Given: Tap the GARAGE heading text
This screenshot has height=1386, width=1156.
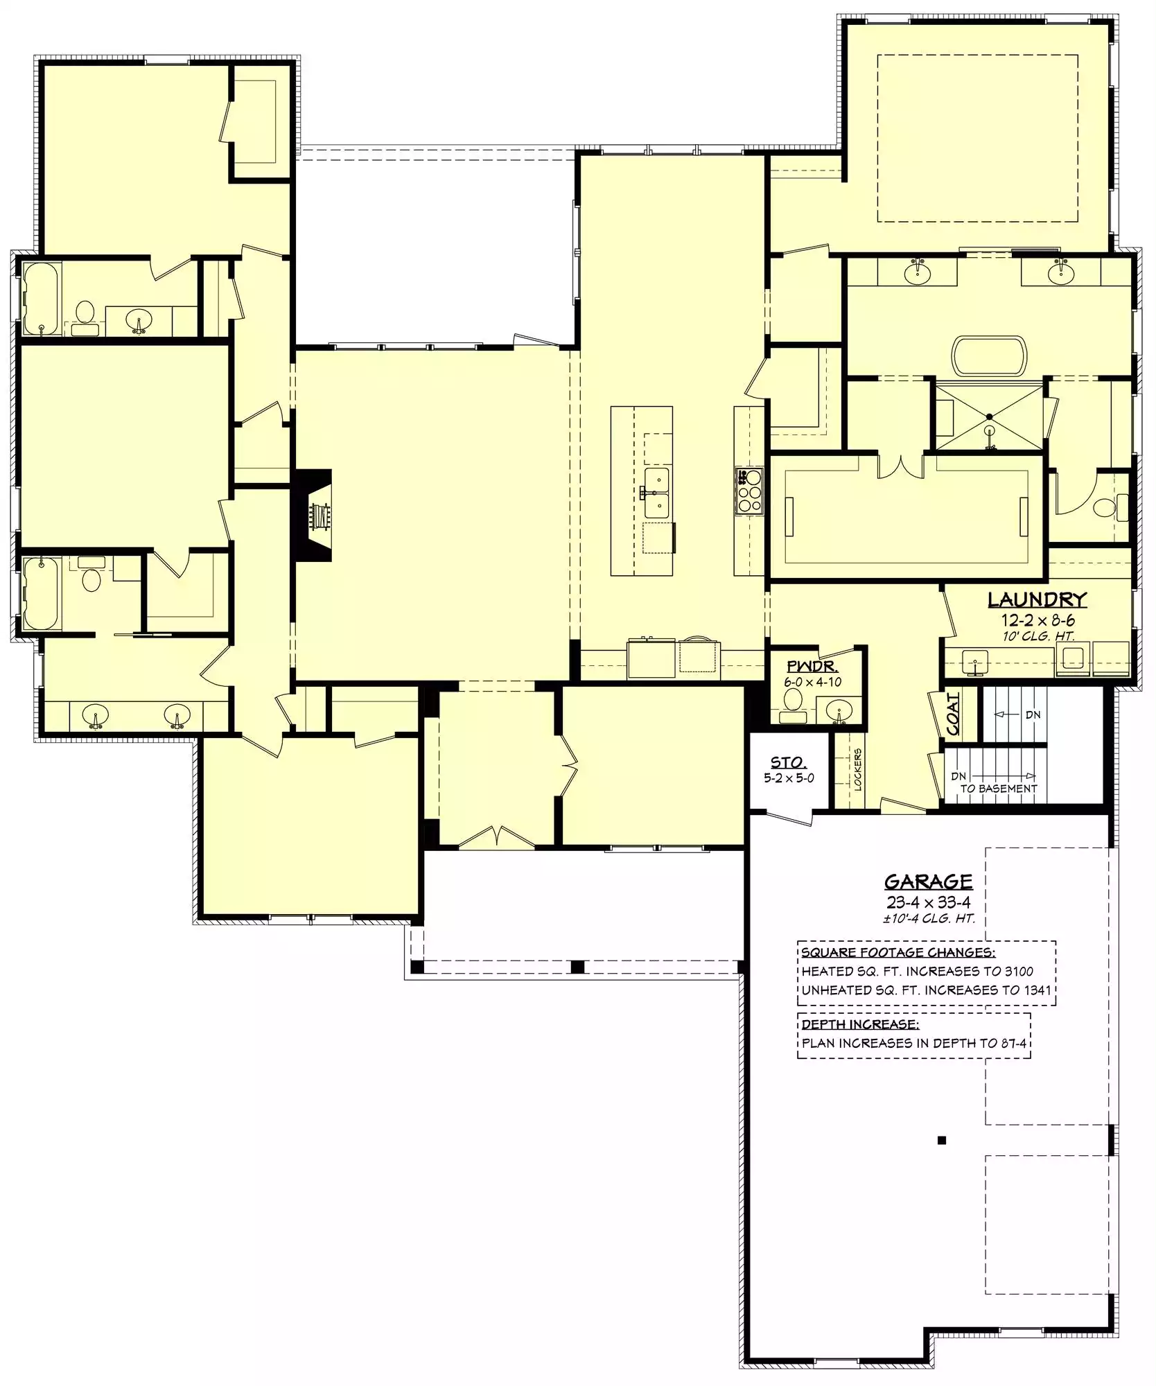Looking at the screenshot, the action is click(929, 882).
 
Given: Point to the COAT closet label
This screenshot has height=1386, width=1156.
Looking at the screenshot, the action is click(954, 714).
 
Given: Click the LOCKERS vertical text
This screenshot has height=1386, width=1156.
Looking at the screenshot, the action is click(857, 769).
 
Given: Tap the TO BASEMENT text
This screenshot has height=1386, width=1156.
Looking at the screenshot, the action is click(999, 789).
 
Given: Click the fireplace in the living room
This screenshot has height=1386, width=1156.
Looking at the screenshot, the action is click(315, 515).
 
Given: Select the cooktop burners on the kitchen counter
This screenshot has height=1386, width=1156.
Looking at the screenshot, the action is click(748, 491).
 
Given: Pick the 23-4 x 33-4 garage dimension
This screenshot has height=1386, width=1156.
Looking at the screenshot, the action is click(929, 902).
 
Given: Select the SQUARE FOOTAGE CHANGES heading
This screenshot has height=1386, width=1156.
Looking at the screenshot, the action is click(899, 953).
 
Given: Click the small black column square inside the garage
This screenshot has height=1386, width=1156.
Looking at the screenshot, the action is click(941, 1141).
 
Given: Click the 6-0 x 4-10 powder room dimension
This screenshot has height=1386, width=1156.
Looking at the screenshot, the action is click(813, 683).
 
